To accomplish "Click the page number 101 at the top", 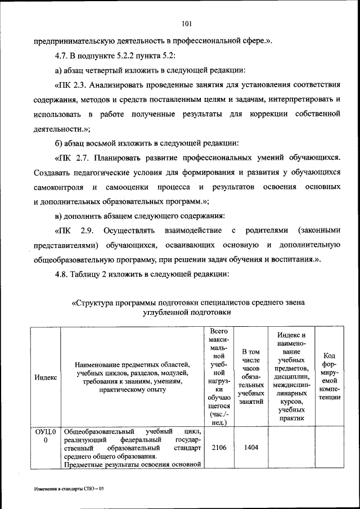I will (187, 23).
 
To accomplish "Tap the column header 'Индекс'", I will (45, 377).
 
